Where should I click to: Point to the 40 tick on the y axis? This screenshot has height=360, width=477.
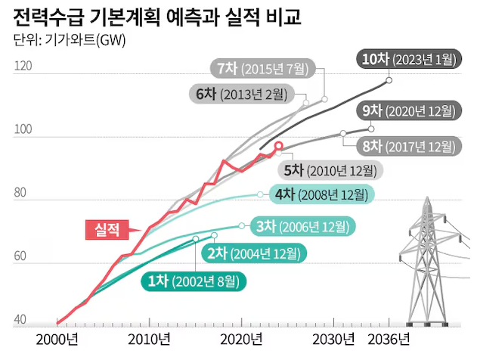click(x=21, y=320)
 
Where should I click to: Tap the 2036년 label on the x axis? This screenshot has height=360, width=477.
click(x=389, y=337)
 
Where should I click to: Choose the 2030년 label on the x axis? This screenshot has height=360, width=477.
click(x=334, y=337)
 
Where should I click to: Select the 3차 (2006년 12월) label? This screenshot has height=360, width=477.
click(x=302, y=225)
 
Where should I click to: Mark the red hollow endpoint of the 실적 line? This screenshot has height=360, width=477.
click(x=278, y=146)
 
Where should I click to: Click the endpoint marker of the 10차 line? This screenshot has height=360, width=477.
click(x=389, y=80)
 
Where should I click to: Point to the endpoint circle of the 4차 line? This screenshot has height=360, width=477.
click(x=261, y=194)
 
